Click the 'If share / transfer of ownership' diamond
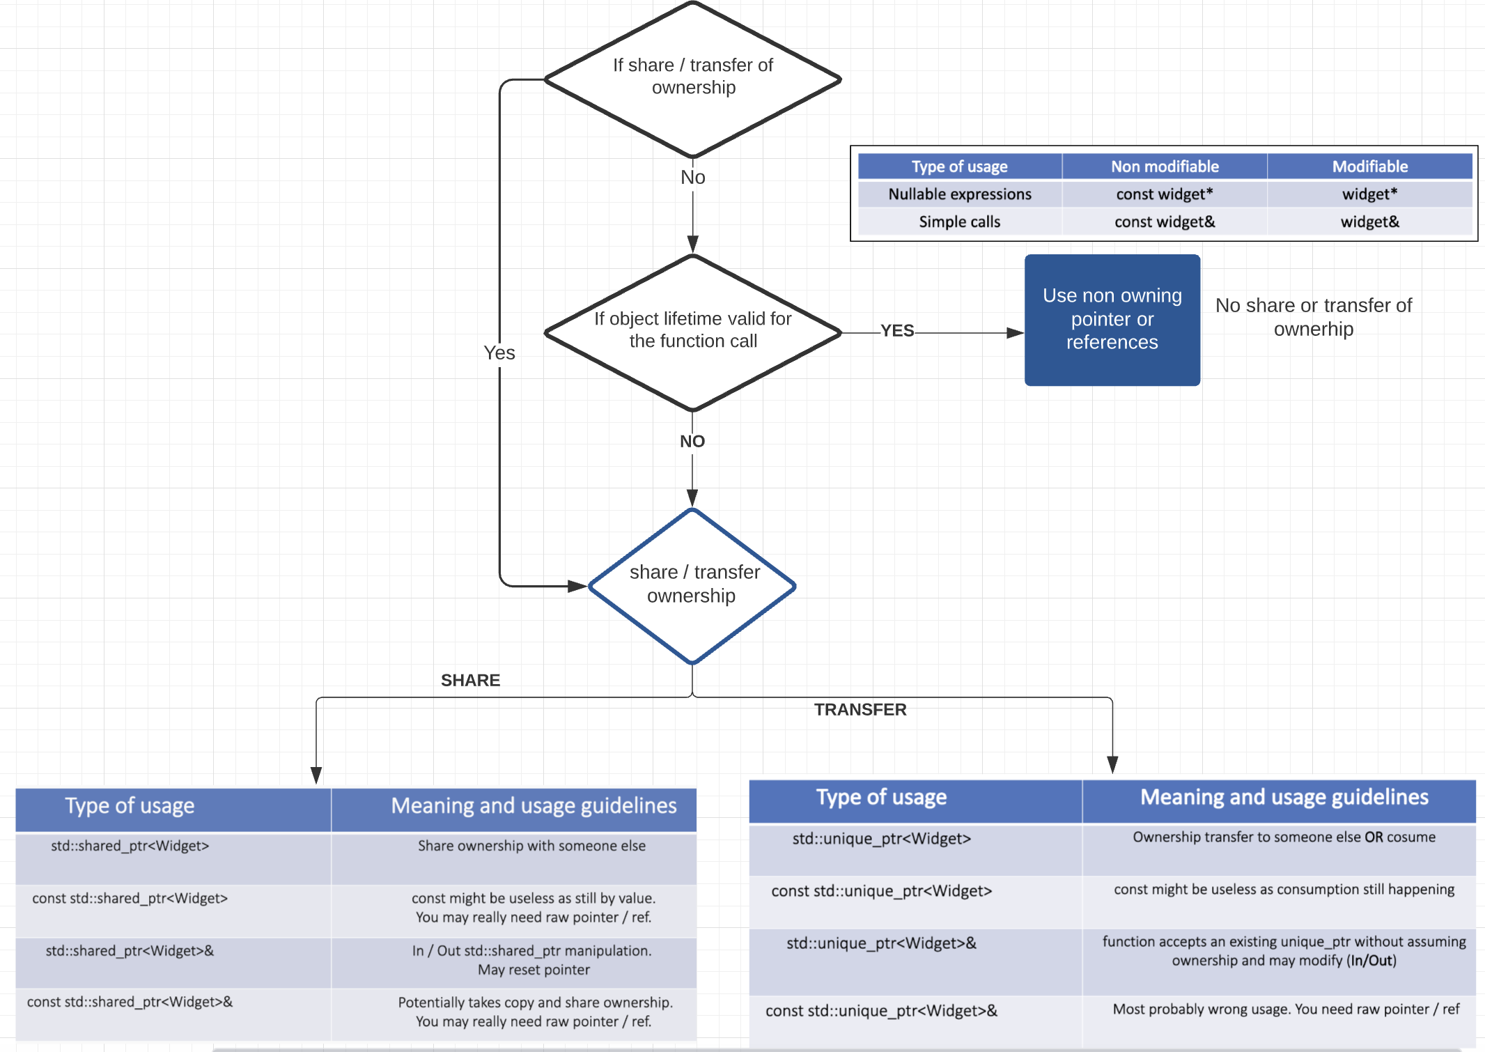(x=692, y=77)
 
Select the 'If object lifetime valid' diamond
(x=692, y=330)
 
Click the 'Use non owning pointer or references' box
(x=1112, y=319)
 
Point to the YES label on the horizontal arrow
(x=896, y=330)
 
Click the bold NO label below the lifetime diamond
(x=692, y=441)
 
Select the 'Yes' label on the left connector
(x=499, y=353)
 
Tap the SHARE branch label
(x=470, y=680)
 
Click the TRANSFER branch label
(x=860, y=709)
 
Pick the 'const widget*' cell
(x=1164, y=194)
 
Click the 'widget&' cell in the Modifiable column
(x=1369, y=222)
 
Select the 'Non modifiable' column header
(x=1164, y=167)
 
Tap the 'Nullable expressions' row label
(x=959, y=194)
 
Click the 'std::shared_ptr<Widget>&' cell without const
(x=130, y=950)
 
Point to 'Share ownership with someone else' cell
(x=531, y=846)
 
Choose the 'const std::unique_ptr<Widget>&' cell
(x=881, y=1010)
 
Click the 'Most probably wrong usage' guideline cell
(x=1285, y=1009)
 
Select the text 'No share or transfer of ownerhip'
(x=1313, y=316)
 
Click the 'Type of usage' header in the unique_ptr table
(x=881, y=797)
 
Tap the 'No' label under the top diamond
(x=692, y=177)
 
